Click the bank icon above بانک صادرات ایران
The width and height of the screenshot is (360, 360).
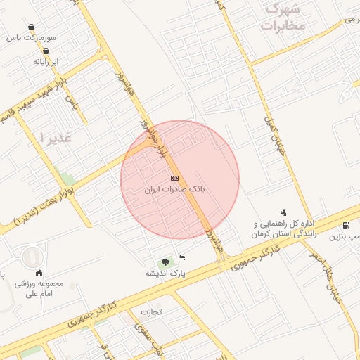174,178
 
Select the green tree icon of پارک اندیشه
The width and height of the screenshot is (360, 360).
165,262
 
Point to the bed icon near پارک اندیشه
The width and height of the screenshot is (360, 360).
182,257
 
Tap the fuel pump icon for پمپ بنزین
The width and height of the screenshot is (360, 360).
346,225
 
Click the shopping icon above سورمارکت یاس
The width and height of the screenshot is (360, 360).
31,27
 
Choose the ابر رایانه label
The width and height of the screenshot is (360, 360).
46,62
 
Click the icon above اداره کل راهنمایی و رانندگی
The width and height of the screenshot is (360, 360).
283,211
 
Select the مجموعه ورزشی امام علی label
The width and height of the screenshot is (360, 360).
39,289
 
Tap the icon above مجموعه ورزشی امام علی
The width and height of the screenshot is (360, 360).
39,273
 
